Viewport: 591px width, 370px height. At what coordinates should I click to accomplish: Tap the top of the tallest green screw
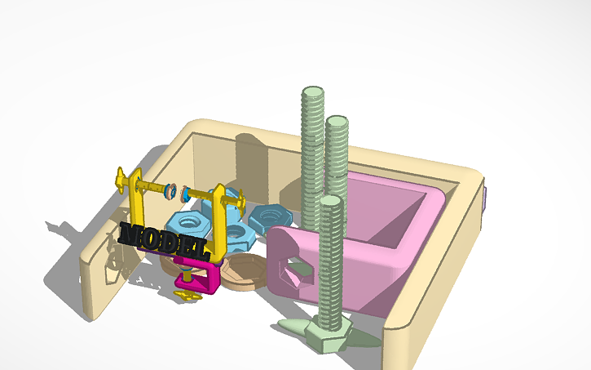click(312, 92)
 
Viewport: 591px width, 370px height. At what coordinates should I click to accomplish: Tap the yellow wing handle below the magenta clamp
click(190, 295)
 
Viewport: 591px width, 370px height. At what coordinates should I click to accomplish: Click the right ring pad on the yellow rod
click(185, 194)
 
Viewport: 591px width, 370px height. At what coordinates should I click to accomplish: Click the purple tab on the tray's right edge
click(487, 197)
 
